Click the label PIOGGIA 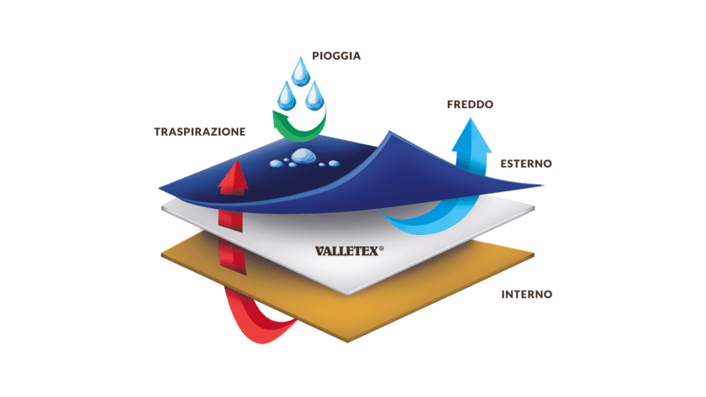coord(336,55)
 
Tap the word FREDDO coord(470,104)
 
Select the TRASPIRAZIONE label coord(200,132)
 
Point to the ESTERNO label coord(526,163)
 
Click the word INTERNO coord(527,294)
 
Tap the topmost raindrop coord(300,71)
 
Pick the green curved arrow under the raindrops coord(299,123)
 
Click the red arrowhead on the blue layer coord(234,178)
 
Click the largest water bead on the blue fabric coord(303,155)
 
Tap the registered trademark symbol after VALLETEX coord(382,248)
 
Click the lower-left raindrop coord(287,96)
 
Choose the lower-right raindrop coord(314,96)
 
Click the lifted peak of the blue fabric coord(390,132)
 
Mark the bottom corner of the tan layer coord(348,342)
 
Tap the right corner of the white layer coord(534,208)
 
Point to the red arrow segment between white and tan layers coord(232,255)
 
